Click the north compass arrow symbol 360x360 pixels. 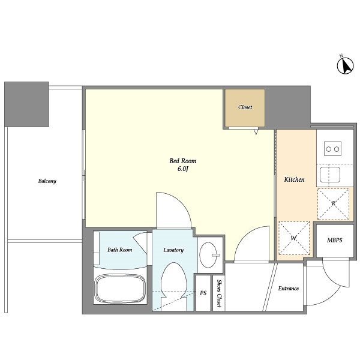(x=346, y=65)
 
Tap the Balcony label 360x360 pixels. (x=47, y=181)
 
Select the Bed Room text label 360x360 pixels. (x=183, y=161)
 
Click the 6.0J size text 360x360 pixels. (x=183, y=169)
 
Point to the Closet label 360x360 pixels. (x=245, y=107)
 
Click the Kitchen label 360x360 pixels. (x=295, y=179)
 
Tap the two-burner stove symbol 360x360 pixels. (x=332, y=149)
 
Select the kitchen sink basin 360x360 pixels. (x=330, y=175)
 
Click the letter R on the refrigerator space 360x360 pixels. (x=334, y=203)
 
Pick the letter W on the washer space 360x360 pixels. (x=293, y=238)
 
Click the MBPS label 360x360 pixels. (x=335, y=240)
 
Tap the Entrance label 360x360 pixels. (x=289, y=289)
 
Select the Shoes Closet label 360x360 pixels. (x=219, y=293)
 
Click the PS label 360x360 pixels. (x=203, y=293)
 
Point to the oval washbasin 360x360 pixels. (x=208, y=255)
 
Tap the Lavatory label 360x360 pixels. (x=173, y=250)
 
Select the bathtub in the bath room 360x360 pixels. (x=121, y=288)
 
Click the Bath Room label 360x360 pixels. (x=119, y=250)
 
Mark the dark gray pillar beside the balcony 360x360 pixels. (x=26, y=104)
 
